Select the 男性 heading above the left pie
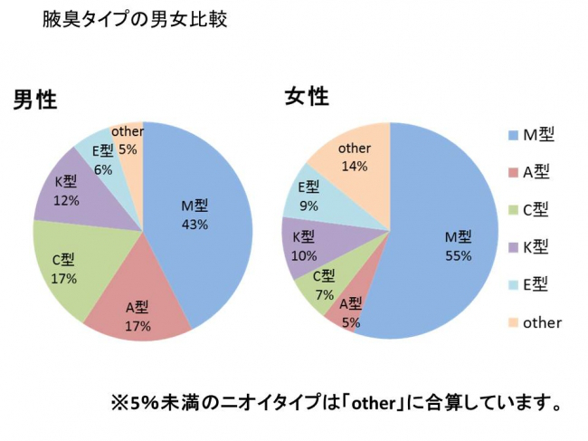(35, 101)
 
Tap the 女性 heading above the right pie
(307, 97)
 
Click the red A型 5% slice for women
(351, 308)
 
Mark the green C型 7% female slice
(322, 284)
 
